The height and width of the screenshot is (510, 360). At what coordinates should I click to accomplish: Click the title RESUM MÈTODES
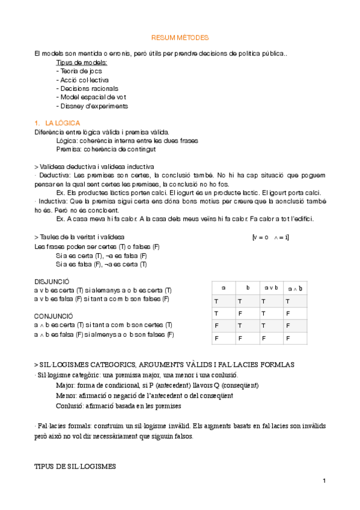pyautogui.click(x=180, y=37)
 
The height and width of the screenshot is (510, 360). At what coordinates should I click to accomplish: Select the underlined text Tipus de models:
pyautogui.click(x=82, y=63)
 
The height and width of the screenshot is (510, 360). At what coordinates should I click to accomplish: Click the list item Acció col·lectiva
pyautogui.click(x=82, y=79)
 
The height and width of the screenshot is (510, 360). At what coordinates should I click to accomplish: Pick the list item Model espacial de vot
pyautogui.click(x=91, y=97)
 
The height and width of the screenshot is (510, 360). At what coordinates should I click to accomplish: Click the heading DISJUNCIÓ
pyautogui.click(x=52, y=281)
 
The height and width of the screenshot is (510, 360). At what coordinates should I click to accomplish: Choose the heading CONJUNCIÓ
pyautogui.click(x=53, y=316)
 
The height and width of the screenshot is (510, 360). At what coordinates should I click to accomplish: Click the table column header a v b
pyautogui.click(x=271, y=288)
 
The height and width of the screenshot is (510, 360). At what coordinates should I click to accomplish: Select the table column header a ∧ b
pyautogui.click(x=294, y=289)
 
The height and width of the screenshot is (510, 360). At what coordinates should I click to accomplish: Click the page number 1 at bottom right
pyautogui.click(x=324, y=481)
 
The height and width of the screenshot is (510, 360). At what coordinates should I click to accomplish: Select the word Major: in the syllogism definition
pyautogui.click(x=66, y=386)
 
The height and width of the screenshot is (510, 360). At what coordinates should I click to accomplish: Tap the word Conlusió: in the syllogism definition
pyautogui.click(x=69, y=407)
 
